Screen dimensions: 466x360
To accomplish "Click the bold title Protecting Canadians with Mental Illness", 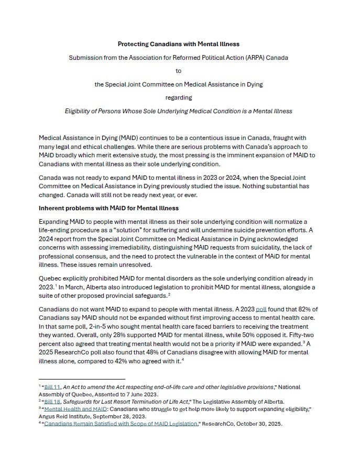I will [x=178, y=44].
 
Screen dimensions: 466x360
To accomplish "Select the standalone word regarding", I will [x=178, y=97].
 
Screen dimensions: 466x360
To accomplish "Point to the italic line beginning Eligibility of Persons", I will [x=178, y=111].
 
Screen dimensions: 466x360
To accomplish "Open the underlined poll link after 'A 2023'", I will [x=261, y=309].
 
